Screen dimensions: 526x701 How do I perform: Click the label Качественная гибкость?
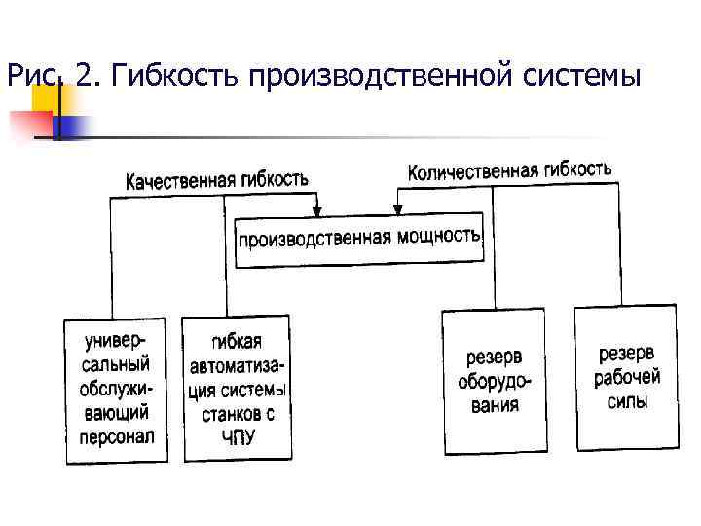[217, 180]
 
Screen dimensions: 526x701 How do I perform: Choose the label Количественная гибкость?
[510, 170]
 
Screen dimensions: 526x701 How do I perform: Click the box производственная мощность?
[359, 239]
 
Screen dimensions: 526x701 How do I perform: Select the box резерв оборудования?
[495, 381]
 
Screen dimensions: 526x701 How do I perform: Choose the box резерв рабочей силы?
[626, 377]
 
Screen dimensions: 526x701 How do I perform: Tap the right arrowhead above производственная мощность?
[397, 209]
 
